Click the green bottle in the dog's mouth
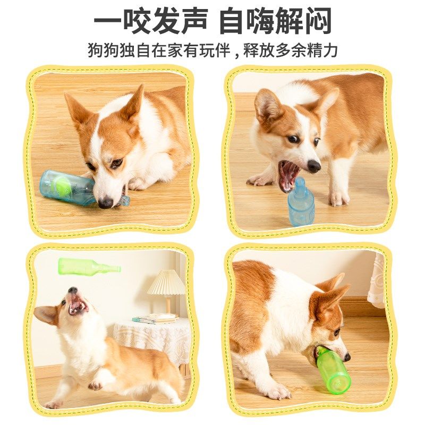click(x=332, y=370)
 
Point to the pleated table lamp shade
click(x=166, y=283)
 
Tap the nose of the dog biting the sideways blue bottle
click(x=105, y=202)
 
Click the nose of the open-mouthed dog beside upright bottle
click(x=314, y=166)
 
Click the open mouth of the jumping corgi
click(x=78, y=304)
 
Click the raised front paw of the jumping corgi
click(x=97, y=384)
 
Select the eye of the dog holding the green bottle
click(x=337, y=333)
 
